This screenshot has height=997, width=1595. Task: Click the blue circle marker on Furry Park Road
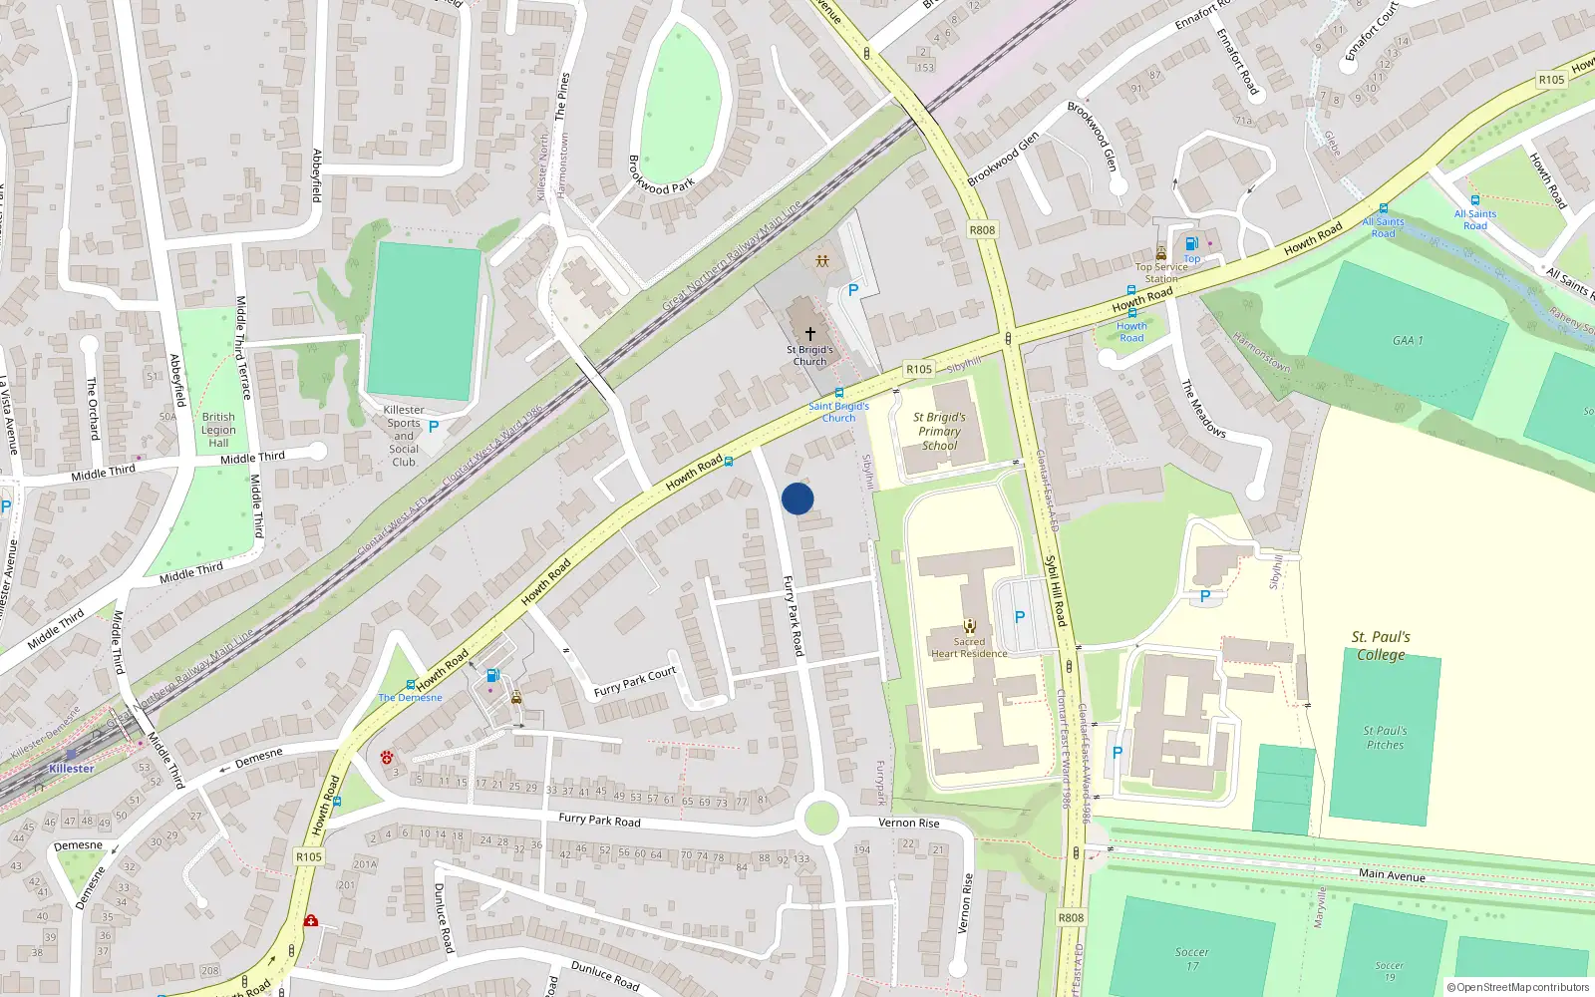pos(797,498)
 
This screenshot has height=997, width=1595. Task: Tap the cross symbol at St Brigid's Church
pos(810,334)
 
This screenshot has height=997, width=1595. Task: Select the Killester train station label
pos(72,769)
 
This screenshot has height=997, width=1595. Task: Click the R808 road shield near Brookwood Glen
pos(982,229)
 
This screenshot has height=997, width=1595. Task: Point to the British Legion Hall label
pos(218,431)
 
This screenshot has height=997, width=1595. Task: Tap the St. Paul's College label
pos(1381,645)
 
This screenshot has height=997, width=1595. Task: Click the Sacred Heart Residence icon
pos(969,626)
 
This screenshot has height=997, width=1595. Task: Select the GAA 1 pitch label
pos(1408,341)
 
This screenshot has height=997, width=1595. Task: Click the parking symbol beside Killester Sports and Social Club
pos(434,427)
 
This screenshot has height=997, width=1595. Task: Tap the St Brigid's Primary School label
pos(939,432)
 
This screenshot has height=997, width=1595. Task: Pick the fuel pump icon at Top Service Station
pos(1190,244)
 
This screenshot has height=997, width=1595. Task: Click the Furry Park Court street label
pos(634,682)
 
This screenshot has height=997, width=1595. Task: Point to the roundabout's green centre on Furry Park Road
pos(820,818)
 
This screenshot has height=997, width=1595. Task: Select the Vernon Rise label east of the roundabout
pos(908,823)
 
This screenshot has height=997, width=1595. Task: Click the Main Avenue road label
pos(1392,874)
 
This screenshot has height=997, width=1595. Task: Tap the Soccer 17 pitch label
pos(1191,958)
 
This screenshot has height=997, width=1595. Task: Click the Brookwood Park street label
pos(661,174)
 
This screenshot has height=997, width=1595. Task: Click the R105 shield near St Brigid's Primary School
pos(918,369)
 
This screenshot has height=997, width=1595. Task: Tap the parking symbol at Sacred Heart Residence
pos(1020,617)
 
